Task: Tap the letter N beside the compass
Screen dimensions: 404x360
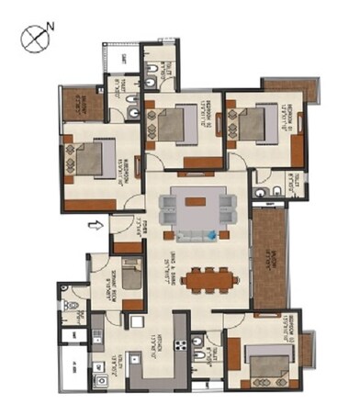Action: click(51, 28)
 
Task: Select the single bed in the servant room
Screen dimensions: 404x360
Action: click(131, 273)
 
